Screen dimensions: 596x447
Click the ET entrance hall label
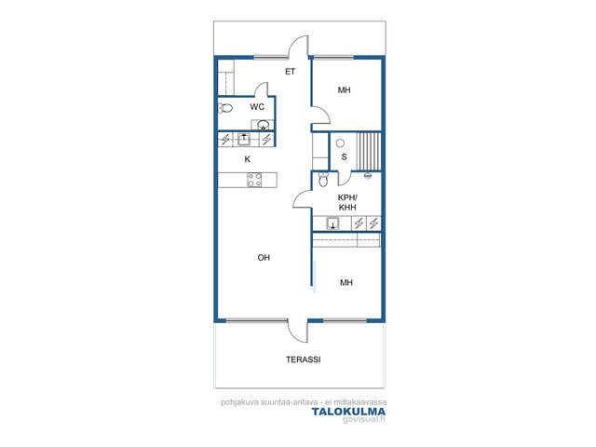(290, 72)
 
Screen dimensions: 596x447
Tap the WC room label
(257, 107)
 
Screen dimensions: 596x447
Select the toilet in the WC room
(225, 108)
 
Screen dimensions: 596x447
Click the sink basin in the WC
(263, 125)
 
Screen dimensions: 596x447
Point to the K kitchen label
(248, 159)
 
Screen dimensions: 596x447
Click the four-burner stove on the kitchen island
(254, 180)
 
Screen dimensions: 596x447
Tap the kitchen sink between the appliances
(244, 140)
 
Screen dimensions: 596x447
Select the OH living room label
(264, 258)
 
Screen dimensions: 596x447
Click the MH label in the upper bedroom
(344, 90)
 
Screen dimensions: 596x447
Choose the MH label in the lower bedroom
(346, 282)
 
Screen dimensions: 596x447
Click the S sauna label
(344, 156)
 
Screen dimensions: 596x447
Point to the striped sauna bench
(369, 151)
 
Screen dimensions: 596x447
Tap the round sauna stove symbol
(340, 142)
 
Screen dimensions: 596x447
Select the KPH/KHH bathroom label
(347, 203)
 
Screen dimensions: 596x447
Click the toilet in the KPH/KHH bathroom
(323, 180)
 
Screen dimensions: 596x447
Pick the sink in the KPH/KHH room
(333, 223)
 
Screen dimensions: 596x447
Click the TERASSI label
(304, 359)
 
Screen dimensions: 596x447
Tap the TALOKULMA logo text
(348, 412)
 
